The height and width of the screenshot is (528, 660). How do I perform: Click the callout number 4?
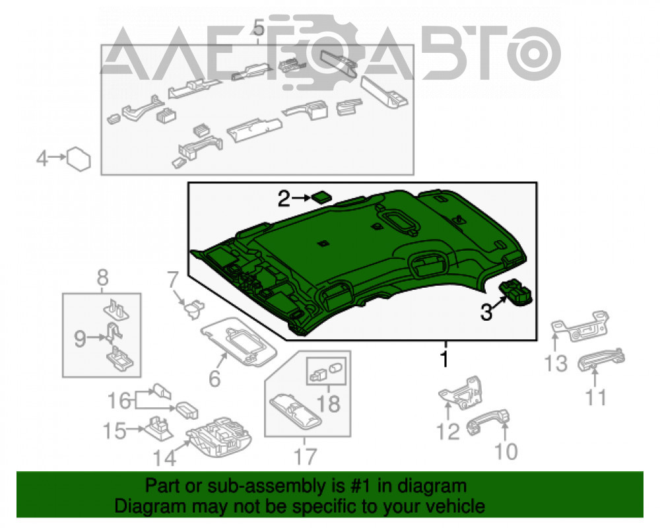(42, 159)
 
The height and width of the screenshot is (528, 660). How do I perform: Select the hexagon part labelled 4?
(79, 159)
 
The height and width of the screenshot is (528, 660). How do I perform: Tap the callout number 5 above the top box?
(259, 28)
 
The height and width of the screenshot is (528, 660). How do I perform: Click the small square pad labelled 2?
(321, 197)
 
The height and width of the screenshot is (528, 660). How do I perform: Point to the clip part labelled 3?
(515, 291)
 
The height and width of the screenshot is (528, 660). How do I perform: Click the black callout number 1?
(444, 359)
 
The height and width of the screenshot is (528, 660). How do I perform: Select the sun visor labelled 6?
(239, 341)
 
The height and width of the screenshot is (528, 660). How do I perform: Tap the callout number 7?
(172, 279)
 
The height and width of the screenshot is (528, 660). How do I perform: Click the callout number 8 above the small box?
(102, 278)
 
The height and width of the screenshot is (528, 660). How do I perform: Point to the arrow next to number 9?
(96, 337)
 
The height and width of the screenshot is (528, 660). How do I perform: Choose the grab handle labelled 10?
(488, 422)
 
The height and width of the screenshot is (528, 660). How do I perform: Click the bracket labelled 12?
(461, 393)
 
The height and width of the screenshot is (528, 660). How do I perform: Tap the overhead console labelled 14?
(219, 438)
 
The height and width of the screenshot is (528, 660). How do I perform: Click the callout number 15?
(114, 431)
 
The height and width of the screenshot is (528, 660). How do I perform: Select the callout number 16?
(119, 401)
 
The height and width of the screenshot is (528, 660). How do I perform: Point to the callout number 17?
(305, 457)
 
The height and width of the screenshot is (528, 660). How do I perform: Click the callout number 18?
(328, 404)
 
